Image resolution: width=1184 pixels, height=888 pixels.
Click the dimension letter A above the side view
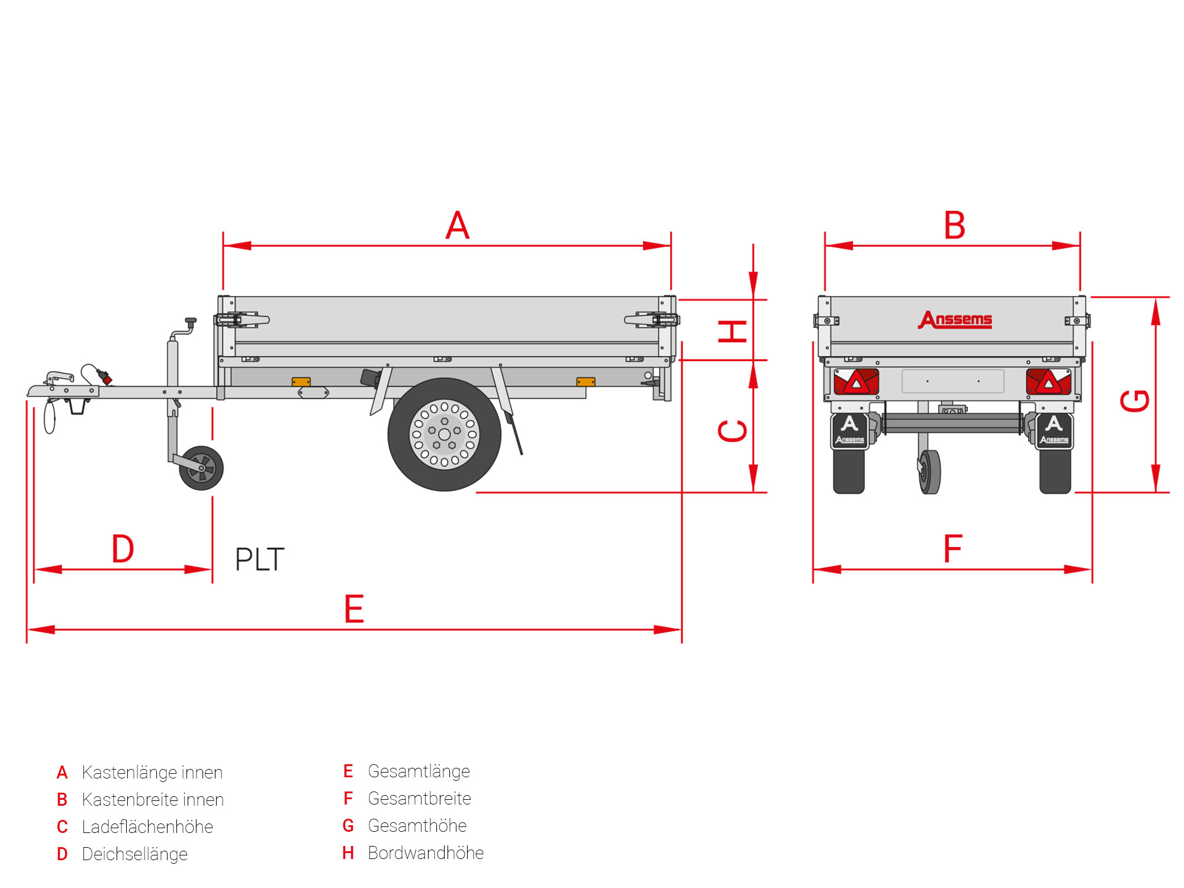click(458, 226)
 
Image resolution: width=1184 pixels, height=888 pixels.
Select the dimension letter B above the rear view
click(954, 226)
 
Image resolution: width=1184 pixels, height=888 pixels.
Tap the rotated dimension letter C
click(732, 431)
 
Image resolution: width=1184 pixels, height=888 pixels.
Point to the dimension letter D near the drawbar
click(123, 549)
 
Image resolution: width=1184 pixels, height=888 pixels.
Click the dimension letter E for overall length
click(354, 609)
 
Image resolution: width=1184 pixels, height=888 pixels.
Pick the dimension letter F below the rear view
click(953, 549)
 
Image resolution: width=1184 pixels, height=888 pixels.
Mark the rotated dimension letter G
click(1135, 401)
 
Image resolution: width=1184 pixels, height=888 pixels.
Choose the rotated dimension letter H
click(732, 332)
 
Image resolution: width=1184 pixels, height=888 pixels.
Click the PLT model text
click(260, 559)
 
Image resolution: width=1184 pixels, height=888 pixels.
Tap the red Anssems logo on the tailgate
click(955, 320)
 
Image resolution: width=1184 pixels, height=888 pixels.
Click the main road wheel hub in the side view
click(444, 435)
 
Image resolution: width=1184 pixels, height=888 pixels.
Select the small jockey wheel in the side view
click(201, 468)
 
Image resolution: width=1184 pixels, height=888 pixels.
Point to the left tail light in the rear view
click(856, 382)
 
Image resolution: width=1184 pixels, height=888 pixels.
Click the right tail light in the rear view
click(1048, 382)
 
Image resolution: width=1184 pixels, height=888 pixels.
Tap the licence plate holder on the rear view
click(953, 381)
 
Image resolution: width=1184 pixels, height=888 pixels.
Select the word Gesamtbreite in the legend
click(419, 799)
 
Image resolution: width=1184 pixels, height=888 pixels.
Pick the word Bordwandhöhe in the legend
click(426, 853)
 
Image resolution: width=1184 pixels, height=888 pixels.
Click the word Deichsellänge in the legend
click(134, 854)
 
